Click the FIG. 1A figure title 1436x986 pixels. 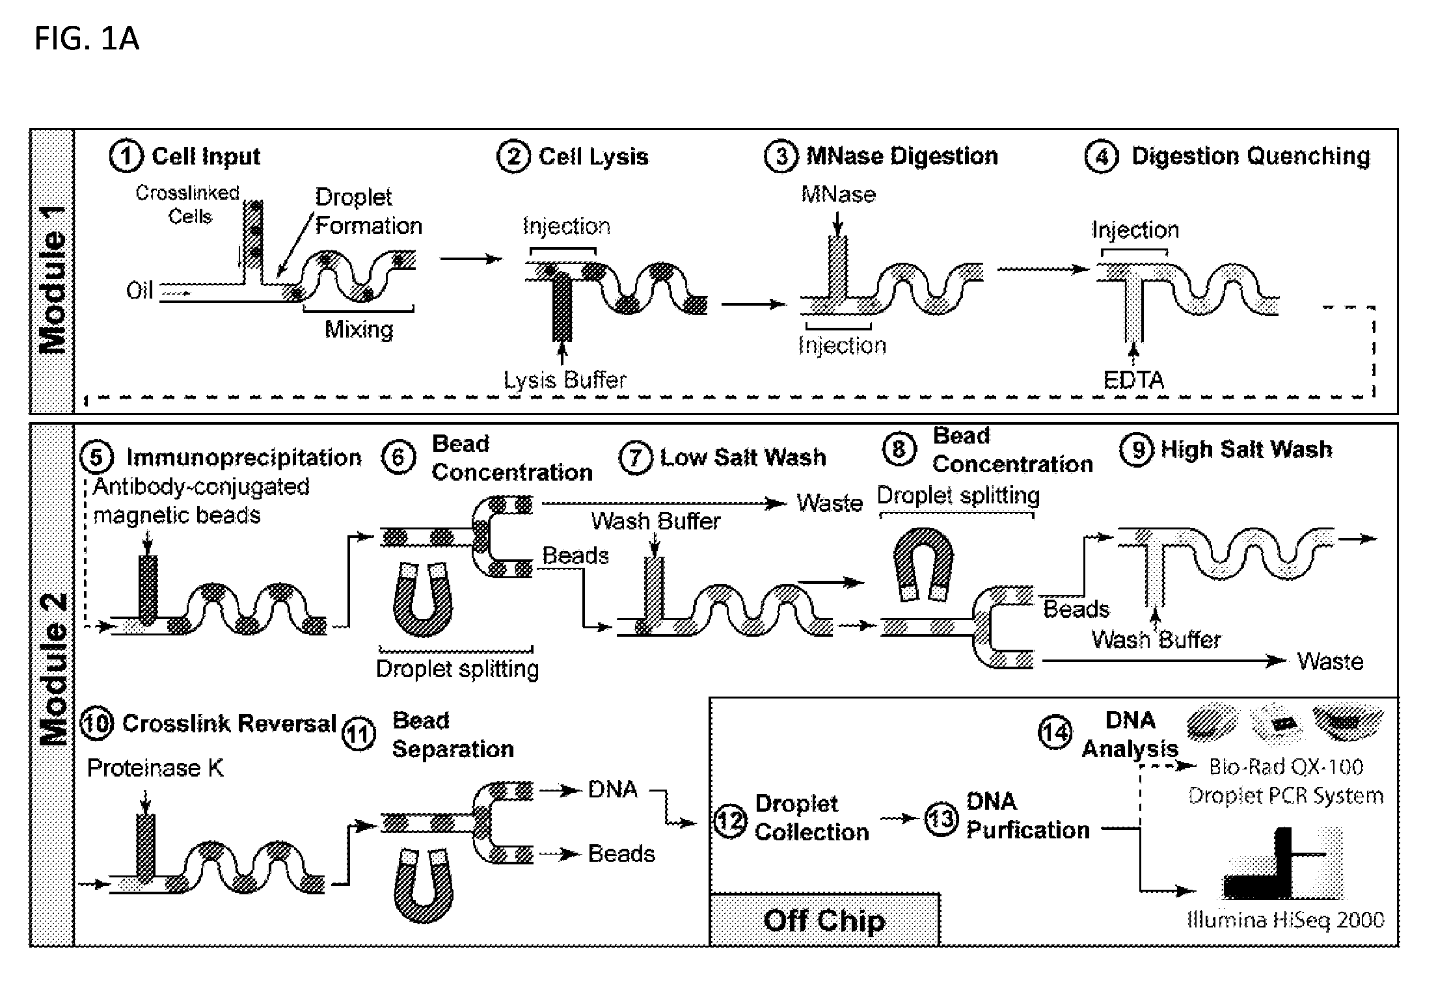[87, 39]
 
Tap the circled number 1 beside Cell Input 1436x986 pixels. [126, 157]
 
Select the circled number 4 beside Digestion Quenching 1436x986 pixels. [1102, 157]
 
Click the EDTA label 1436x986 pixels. [1133, 380]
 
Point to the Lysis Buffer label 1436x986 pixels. [565, 380]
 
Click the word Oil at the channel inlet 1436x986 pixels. [139, 290]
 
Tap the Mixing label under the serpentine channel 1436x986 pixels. [359, 329]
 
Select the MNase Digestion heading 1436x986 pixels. [902, 156]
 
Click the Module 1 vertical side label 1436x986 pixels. [53, 280]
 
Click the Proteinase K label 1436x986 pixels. [155, 768]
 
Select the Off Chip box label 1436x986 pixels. [824, 920]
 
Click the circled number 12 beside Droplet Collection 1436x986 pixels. [730, 821]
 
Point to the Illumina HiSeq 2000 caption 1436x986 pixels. [1286, 920]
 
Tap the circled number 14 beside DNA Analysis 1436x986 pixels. [1055, 733]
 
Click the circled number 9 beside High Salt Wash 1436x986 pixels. [1137, 449]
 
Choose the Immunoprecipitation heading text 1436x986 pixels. [244, 458]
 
